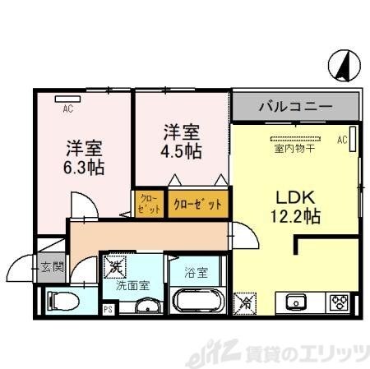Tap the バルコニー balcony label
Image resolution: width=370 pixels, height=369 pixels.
click(x=295, y=107)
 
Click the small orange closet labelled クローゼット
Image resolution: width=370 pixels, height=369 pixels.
click(x=149, y=203)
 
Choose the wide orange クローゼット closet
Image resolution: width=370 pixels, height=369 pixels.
click(x=197, y=204)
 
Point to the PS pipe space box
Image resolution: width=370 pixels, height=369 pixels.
click(x=107, y=310)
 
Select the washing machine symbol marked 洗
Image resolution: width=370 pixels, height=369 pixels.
click(x=114, y=266)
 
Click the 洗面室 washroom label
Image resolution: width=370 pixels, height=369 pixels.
click(x=132, y=287)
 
